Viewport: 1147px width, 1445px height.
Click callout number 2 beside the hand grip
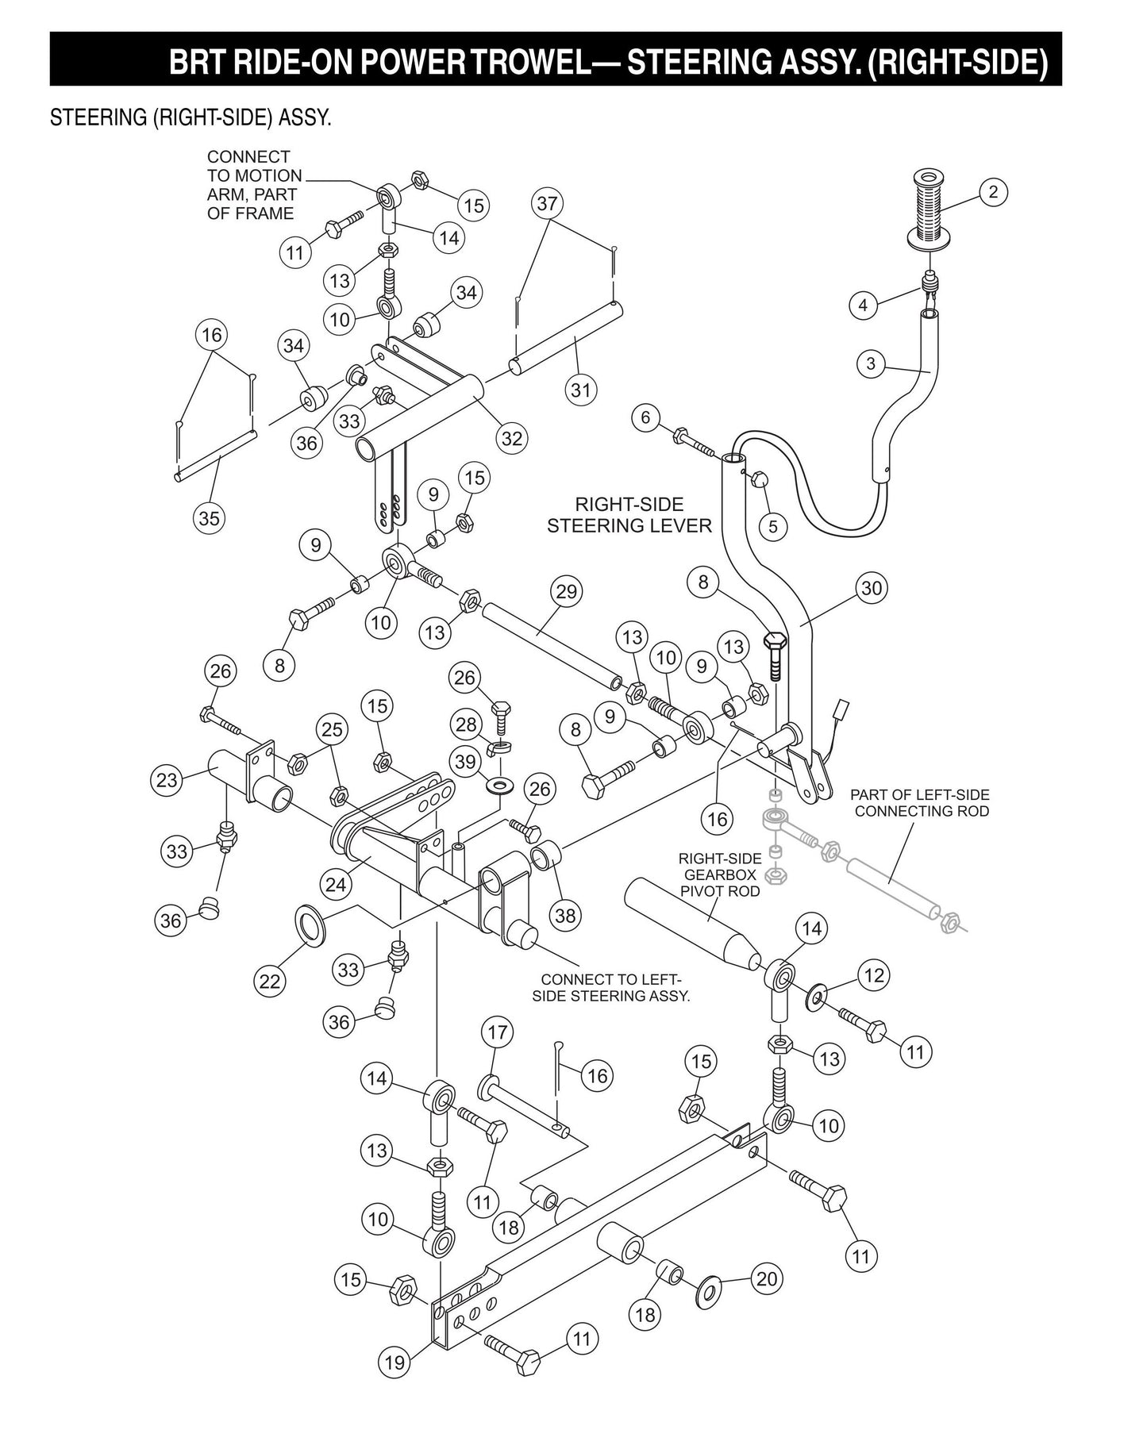point(993,191)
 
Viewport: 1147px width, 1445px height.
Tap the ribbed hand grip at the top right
point(927,208)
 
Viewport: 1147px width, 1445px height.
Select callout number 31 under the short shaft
point(582,390)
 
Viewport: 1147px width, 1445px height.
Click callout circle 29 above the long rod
point(566,591)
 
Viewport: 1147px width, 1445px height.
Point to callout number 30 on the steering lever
point(872,588)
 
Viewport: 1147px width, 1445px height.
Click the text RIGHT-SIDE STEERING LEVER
point(629,515)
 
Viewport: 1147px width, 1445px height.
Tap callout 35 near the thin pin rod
point(209,518)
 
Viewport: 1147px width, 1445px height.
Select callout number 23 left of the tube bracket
point(167,780)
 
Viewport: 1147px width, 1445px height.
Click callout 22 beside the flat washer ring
point(270,982)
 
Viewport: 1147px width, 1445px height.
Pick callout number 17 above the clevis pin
point(497,1032)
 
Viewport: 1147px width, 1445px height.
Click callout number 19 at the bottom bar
point(395,1363)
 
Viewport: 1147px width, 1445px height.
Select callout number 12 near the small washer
point(874,975)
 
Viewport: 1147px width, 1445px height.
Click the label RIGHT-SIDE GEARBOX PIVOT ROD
point(720,874)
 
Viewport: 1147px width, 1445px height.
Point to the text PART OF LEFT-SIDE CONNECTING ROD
point(922,802)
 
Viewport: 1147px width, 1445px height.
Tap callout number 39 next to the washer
point(466,762)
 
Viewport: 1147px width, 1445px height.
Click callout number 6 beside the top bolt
point(645,417)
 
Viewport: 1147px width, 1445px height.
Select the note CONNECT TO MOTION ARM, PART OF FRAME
point(251,185)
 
